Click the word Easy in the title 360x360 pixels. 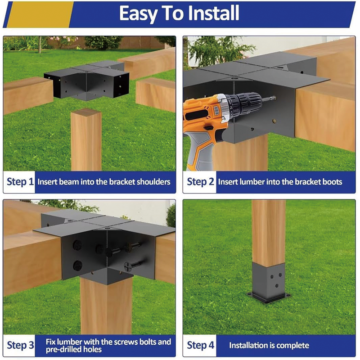140,14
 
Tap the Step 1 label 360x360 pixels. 20,182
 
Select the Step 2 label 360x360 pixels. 200,182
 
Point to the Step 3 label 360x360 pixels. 20,346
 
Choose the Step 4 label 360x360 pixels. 200,346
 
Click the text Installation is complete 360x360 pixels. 269,346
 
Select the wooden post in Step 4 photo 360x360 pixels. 269,229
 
